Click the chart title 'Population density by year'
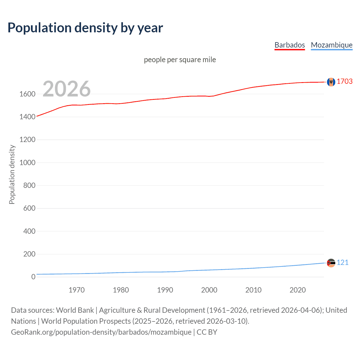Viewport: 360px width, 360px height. [85, 28]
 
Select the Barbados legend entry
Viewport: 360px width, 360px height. [289, 45]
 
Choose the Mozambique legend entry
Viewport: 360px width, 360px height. [332, 45]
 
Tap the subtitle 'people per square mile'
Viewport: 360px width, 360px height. [180, 60]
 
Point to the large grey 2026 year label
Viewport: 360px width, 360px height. [67, 89]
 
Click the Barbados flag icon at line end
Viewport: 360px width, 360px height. [331, 82]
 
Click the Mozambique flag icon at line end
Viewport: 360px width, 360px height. [331, 263]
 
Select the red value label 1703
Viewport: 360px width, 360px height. [345, 81]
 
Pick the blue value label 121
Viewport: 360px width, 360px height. [342, 262]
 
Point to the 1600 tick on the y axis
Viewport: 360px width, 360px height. [27, 94]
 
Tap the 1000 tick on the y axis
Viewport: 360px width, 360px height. [27, 163]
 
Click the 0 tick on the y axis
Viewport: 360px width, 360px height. [33, 277]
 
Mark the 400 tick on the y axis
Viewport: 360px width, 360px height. [29, 231]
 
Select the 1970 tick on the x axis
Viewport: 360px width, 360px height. [76, 290]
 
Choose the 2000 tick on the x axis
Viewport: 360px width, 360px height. [209, 290]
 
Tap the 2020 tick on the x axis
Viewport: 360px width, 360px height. [298, 290]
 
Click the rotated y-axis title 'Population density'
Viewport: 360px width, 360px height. [12, 174]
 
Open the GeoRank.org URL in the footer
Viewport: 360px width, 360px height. [101, 332]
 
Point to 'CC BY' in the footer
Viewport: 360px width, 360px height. [207, 332]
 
